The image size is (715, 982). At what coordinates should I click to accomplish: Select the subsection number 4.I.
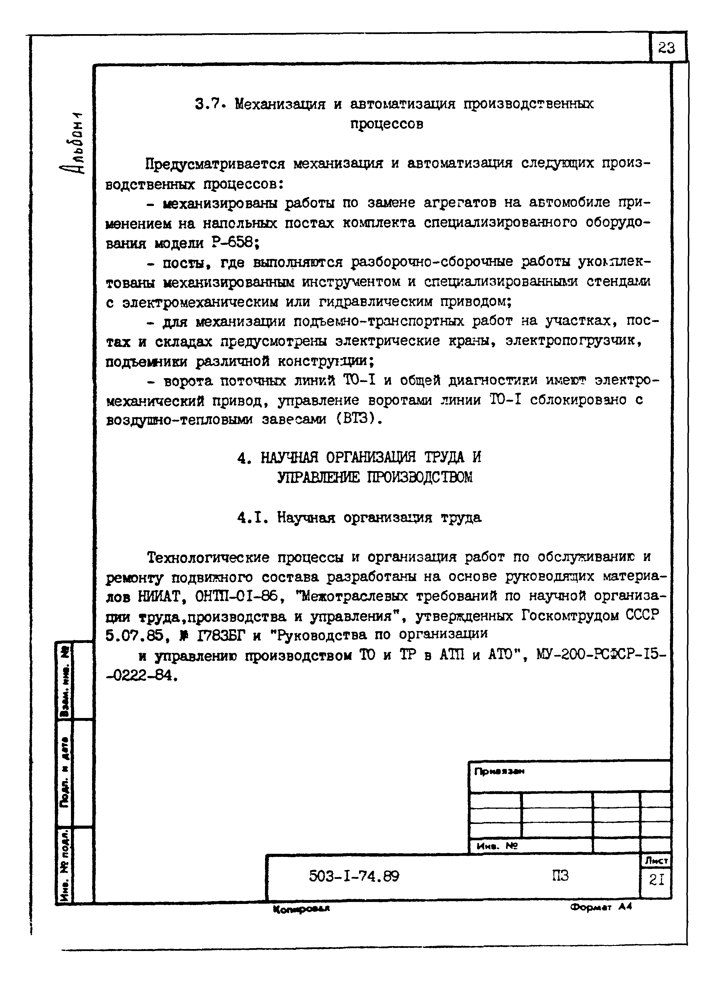click(x=253, y=517)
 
